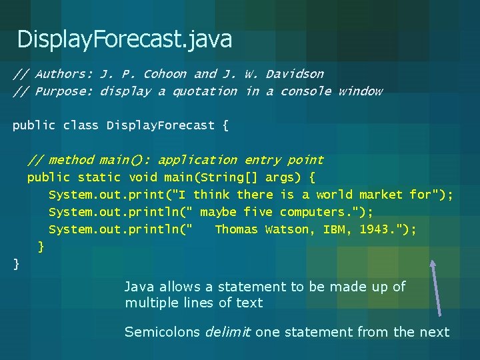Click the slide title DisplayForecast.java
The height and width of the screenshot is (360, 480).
point(125,39)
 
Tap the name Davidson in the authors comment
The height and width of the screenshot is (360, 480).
point(295,74)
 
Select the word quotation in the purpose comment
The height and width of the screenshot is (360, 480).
point(205,91)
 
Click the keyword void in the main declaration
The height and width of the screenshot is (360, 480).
point(143,177)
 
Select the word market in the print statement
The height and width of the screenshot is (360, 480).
point(381,195)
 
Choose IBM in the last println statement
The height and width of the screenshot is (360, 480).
point(334,229)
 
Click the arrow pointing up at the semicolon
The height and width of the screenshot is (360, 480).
point(436,287)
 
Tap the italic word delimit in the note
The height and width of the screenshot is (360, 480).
point(227,332)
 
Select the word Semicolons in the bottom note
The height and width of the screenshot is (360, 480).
point(162,332)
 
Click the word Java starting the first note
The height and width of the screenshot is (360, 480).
point(139,287)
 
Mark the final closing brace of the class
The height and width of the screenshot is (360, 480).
point(17,265)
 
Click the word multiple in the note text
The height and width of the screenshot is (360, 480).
point(150,303)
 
